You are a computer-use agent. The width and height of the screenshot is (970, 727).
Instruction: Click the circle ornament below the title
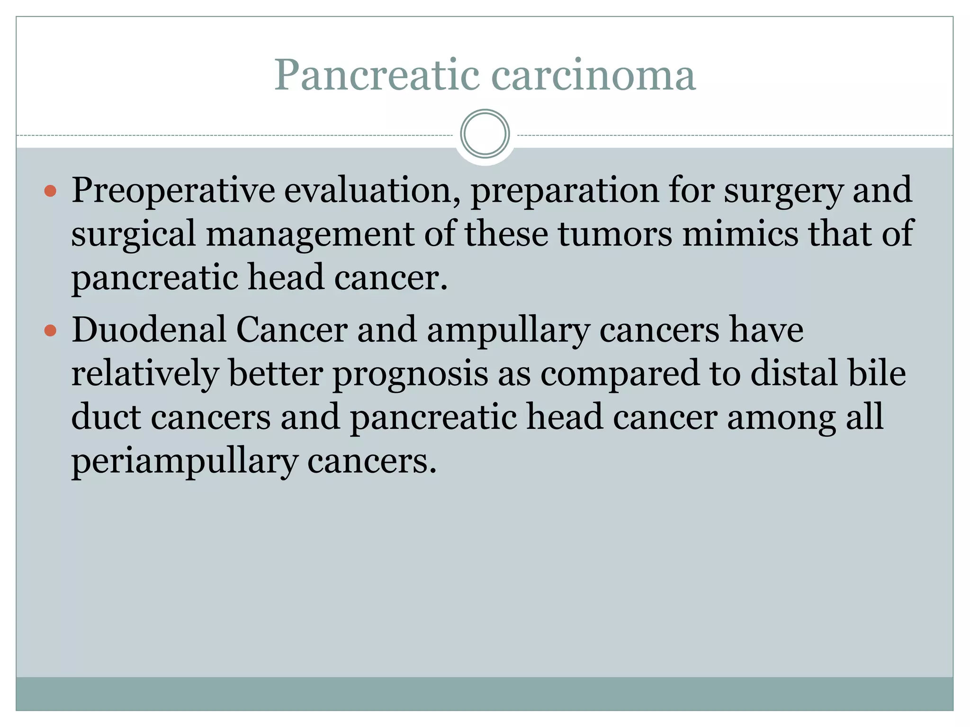coord(485,134)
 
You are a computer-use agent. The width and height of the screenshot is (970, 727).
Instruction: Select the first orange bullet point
coord(50,191)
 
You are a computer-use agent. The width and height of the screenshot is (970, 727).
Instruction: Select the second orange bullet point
coord(50,330)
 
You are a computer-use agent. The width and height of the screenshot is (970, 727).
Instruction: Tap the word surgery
coord(783,190)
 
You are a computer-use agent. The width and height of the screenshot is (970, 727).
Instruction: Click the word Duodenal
coord(149,329)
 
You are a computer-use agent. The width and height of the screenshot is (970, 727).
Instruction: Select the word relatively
coord(145,373)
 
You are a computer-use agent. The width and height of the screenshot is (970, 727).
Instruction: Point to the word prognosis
coord(410,374)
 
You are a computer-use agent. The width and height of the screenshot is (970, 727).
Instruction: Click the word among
coord(781,418)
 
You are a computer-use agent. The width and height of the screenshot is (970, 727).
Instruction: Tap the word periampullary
coord(184,461)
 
